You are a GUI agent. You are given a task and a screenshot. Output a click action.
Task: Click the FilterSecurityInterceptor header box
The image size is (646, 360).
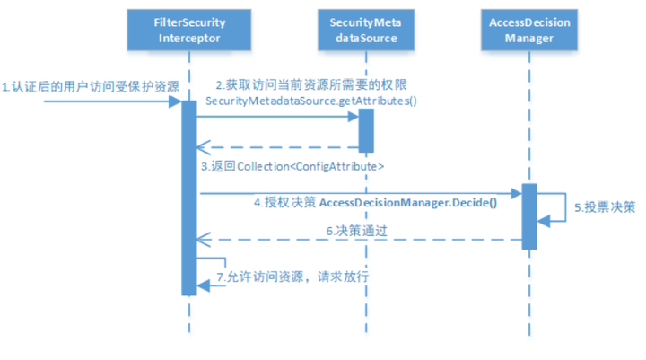coord(189,31)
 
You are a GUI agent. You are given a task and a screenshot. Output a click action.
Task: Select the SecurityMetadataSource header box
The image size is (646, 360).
coord(366,31)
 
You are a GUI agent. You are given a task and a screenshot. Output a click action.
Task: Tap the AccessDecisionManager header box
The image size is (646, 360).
coord(529,31)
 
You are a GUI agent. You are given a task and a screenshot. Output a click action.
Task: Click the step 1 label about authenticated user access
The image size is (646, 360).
coord(91,86)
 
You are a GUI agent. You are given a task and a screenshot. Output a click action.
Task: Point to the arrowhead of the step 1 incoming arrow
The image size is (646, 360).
coord(175,101)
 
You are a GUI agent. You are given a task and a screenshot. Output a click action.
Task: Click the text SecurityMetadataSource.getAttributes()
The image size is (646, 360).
coord(311,101)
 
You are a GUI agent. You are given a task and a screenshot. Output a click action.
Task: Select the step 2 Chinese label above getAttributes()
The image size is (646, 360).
coord(311,85)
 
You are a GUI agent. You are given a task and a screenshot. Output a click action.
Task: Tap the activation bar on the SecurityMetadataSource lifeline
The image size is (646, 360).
coord(366,130)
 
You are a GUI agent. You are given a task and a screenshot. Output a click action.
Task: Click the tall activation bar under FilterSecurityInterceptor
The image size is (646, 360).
coord(189,198)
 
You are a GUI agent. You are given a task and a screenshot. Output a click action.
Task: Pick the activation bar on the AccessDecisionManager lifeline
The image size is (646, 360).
coord(529,216)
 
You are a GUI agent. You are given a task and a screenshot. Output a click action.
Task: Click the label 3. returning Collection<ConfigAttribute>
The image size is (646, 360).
coord(292,167)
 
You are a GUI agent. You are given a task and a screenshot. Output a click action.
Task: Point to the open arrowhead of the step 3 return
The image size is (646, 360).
coord(204,147)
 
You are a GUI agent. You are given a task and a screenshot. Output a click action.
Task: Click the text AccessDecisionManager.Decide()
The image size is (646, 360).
coord(408,203)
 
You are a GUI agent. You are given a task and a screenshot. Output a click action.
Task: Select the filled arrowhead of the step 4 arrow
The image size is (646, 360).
coord(516,193)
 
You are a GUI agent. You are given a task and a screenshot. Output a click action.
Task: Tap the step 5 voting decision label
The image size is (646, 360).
coord(605,207)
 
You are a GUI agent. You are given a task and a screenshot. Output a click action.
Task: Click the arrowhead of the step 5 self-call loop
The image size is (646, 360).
coord(544,222)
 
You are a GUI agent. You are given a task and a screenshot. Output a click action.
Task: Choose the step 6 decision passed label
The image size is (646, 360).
coord(357,231)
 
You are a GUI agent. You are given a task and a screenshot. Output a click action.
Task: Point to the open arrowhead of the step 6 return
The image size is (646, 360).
coord(204,239)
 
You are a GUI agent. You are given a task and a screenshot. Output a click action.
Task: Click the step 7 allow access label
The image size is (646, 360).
coord(292,277)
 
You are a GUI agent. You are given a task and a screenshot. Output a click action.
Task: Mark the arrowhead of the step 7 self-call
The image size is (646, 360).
coord(203,285)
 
